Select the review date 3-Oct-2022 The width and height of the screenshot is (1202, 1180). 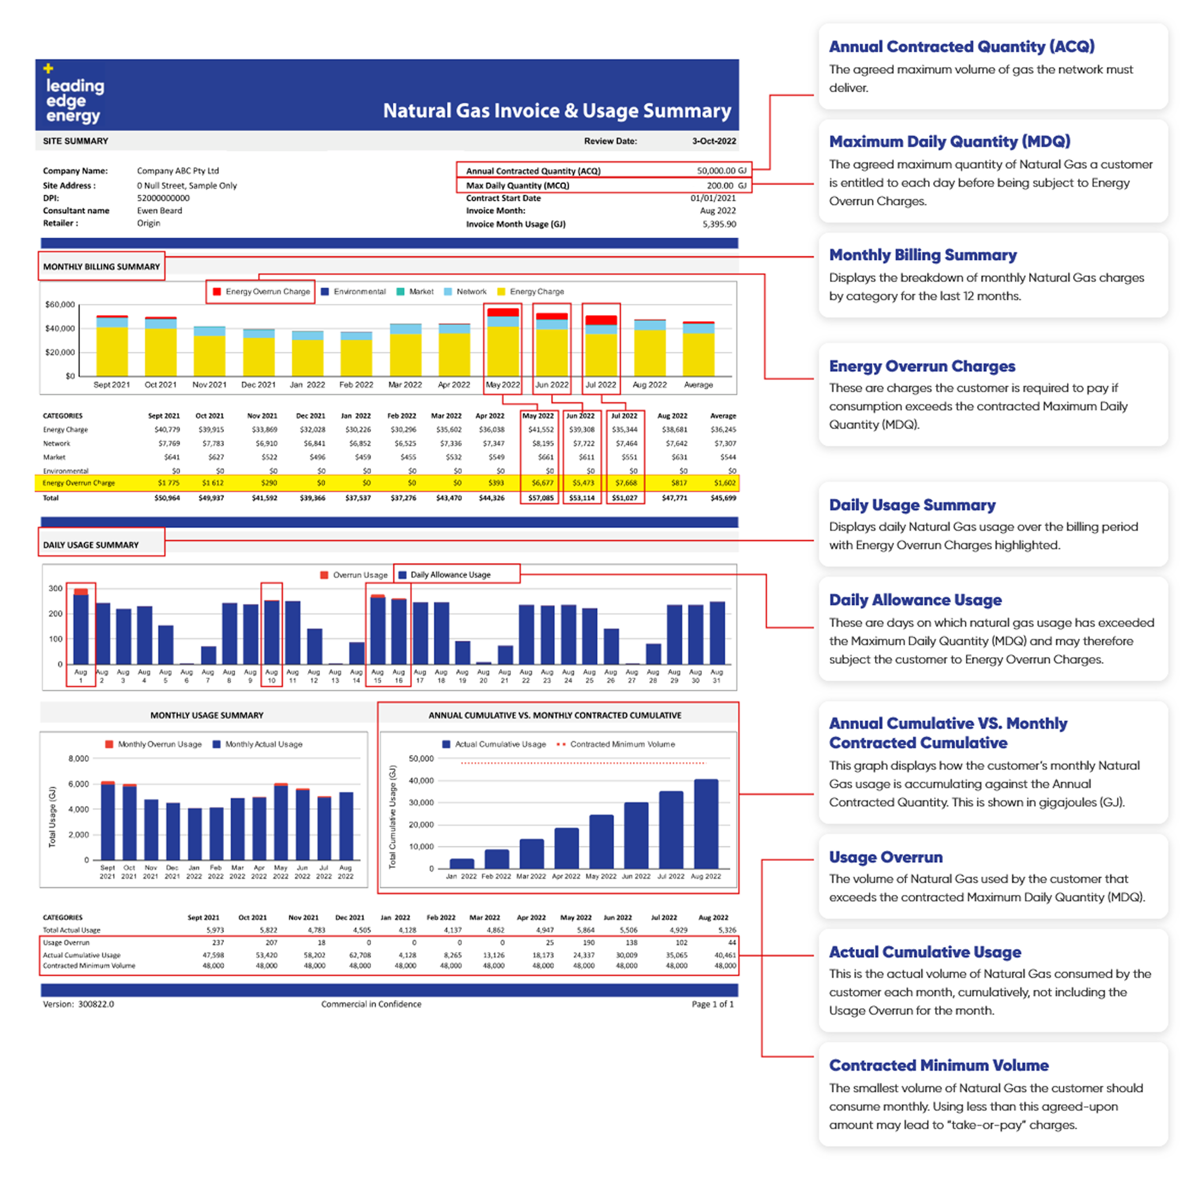pos(713,141)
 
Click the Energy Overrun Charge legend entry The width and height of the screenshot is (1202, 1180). pos(261,291)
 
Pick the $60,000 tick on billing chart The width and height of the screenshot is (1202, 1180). pos(60,305)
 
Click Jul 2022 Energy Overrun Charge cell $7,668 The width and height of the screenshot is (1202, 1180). pos(625,483)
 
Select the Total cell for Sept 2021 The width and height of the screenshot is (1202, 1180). pos(167,498)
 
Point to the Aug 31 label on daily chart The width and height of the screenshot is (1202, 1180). pos(716,676)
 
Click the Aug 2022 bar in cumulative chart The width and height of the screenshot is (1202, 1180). pos(706,824)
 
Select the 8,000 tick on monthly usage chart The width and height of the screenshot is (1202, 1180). pos(79,758)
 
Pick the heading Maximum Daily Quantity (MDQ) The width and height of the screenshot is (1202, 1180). pos(950,142)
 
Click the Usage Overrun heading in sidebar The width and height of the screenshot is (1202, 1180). pos(886,857)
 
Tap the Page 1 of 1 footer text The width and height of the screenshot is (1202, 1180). pos(712,1004)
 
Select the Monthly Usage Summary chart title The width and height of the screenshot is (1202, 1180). pos(206,715)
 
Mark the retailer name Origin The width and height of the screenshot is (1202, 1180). pos(149,223)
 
